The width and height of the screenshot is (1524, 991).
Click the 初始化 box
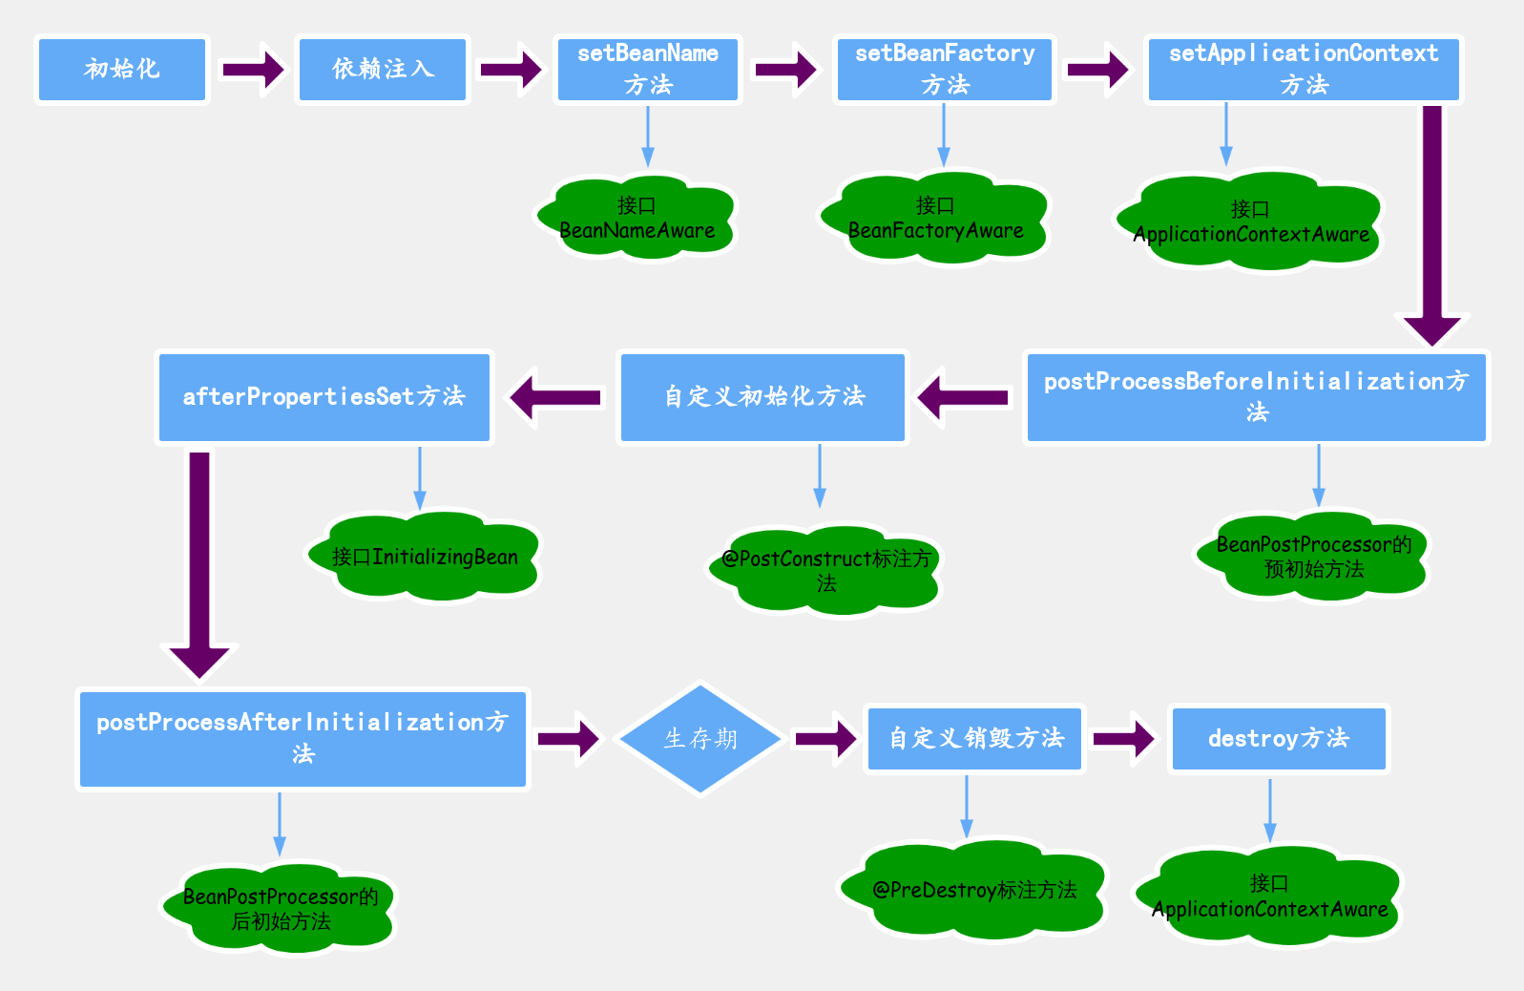click(x=122, y=70)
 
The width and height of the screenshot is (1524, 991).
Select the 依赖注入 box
click(x=383, y=70)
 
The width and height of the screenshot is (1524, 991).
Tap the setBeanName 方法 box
click(x=648, y=70)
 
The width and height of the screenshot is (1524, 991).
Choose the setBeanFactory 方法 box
click(x=945, y=70)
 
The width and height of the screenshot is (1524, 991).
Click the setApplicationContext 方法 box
click(x=1304, y=70)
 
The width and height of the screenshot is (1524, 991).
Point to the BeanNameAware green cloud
click(x=637, y=219)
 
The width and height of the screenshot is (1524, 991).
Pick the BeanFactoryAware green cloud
click(x=935, y=219)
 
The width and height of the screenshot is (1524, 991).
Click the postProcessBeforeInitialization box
click(x=1256, y=397)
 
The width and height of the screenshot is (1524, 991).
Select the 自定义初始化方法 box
click(x=763, y=397)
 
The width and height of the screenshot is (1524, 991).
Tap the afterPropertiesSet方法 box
click(x=324, y=397)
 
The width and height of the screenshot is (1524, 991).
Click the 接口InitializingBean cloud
click(x=424, y=558)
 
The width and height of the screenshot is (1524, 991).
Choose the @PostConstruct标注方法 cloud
click(x=825, y=571)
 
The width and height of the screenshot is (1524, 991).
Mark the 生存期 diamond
click(x=700, y=739)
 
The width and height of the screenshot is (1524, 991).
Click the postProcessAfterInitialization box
click(x=303, y=739)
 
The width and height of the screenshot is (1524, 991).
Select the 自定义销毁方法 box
click(x=975, y=739)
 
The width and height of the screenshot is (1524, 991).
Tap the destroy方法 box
click(x=1279, y=739)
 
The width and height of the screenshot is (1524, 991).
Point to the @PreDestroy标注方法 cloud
click(x=973, y=890)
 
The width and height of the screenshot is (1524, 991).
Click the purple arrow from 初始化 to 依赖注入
click(x=253, y=70)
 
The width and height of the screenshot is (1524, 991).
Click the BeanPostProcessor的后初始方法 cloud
click(x=280, y=909)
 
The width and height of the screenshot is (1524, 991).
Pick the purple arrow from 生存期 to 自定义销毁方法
click(x=825, y=739)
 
